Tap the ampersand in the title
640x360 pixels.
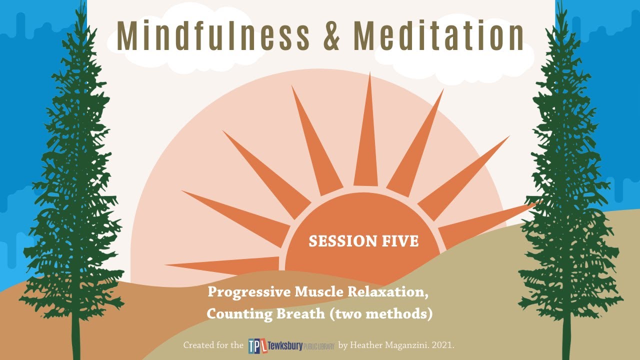[331, 36]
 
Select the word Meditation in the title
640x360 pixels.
[438, 36]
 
